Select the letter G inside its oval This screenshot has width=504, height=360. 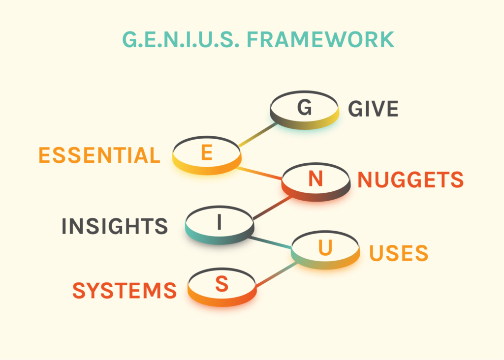(305, 108)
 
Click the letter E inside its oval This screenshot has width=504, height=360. (207, 153)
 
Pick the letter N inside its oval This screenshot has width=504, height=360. (315, 180)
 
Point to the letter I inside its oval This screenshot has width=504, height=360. (220, 223)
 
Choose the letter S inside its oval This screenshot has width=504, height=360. (222, 284)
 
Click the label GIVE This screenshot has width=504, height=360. (373, 109)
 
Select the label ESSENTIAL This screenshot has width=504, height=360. (99, 156)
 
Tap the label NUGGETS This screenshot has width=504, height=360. (410, 180)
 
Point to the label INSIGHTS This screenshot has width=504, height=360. (115, 226)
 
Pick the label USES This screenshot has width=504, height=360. (399, 253)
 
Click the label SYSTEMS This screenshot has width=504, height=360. (125, 291)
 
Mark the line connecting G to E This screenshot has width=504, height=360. (257, 135)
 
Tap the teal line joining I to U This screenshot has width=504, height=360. (271, 244)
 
